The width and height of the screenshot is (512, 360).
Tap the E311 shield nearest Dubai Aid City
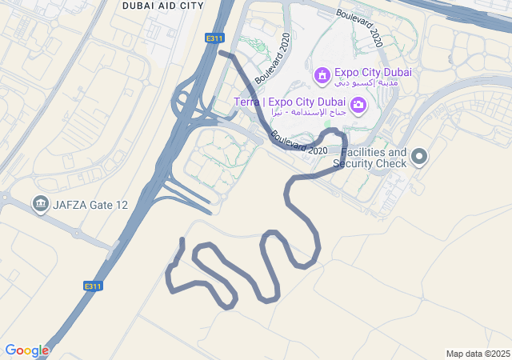pyautogui.click(x=214, y=38)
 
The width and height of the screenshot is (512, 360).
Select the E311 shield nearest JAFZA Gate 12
pyautogui.click(x=94, y=286)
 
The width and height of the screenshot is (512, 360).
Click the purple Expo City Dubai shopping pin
pyautogui.click(x=322, y=75)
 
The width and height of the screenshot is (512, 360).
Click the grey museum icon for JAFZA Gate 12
pyautogui.click(x=40, y=204)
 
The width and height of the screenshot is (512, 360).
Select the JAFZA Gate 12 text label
pyautogui.click(x=90, y=205)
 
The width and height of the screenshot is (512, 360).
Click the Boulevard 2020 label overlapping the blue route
pyautogui.click(x=299, y=145)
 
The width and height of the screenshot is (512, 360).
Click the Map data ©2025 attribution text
pyautogui.click(x=478, y=354)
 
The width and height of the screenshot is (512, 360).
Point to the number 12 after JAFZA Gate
pyautogui.click(x=121, y=205)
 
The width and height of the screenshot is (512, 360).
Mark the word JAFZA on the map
pyautogui.click(x=70, y=205)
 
